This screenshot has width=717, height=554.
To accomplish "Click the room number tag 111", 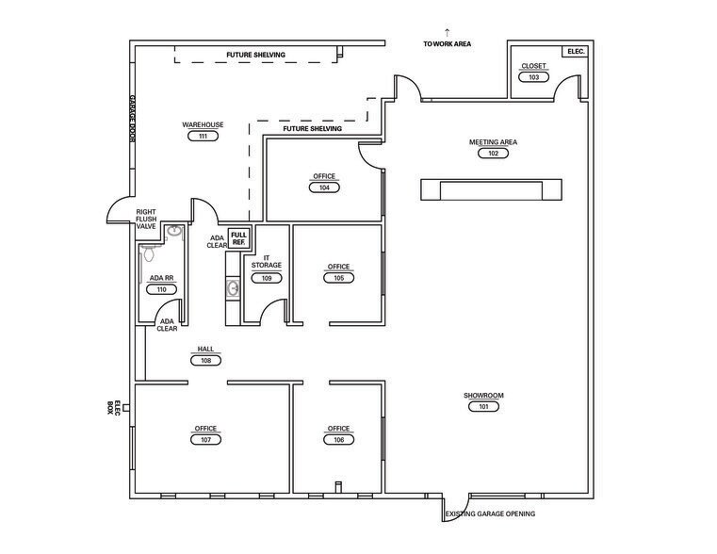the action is (203, 136).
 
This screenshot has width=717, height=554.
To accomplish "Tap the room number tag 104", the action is (324, 187).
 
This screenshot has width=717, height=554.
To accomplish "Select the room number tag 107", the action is (205, 440).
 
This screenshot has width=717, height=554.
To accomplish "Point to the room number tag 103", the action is (533, 77).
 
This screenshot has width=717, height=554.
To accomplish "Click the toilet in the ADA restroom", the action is (148, 252).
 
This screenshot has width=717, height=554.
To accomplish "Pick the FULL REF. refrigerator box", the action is (238, 238).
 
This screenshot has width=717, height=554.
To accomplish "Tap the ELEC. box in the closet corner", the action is (576, 52).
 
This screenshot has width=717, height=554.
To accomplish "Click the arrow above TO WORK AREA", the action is (448, 32).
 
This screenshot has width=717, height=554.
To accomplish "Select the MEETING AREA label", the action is (493, 142).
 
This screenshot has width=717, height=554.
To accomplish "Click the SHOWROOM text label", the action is (483, 396).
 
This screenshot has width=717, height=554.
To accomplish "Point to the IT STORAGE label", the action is (267, 262).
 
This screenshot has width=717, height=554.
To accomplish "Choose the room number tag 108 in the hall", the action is (205, 360).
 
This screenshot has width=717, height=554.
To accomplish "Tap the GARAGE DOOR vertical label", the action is (132, 119).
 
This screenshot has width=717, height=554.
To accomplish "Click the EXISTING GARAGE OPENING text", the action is (490, 513).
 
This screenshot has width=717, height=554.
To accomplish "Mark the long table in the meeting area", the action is (491, 189).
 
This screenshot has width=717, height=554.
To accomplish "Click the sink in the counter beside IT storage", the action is (234, 289).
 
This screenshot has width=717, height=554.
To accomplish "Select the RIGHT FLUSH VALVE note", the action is (146, 219).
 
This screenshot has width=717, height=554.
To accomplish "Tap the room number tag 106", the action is (339, 440).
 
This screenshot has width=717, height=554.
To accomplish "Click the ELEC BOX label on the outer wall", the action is (113, 408).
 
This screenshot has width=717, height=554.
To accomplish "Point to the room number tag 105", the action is (339, 278).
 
